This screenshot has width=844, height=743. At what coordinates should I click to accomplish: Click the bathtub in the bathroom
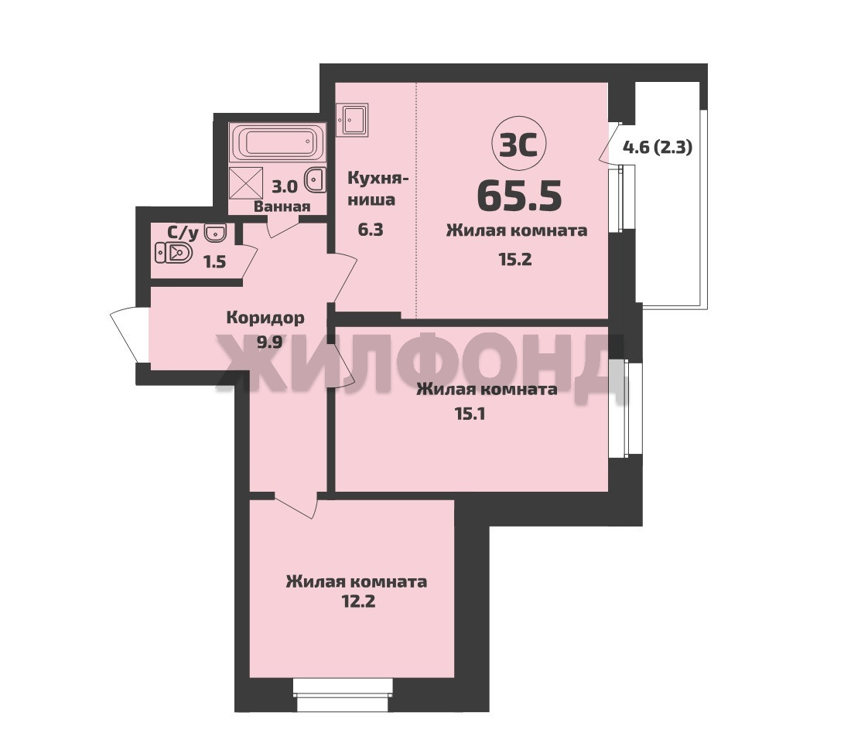coord(277,142)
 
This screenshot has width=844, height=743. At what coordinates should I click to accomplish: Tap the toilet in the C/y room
coord(173,252)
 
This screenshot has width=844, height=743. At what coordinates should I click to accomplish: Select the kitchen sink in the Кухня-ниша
coord(352,119)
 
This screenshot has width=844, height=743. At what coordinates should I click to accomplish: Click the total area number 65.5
coord(519,196)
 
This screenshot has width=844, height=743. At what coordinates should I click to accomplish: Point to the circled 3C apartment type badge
coord(519,144)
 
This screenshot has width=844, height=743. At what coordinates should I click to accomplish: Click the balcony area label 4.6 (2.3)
coord(658,147)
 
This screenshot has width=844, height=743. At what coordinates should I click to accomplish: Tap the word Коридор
coord(265,318)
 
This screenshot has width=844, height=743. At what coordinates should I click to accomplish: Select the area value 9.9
coord(269,343)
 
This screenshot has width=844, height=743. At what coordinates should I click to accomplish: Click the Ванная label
coord(282,206)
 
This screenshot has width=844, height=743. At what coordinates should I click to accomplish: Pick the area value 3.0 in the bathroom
coord(284,186)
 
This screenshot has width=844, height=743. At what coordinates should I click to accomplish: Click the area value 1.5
coord(214,262)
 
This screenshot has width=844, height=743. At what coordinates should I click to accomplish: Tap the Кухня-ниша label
coord(378,189)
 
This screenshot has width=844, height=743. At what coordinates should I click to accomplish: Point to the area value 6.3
coord(371,230)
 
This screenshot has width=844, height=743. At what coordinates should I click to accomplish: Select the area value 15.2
coord(515,259)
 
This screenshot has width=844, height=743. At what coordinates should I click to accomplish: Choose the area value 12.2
coord(358,601)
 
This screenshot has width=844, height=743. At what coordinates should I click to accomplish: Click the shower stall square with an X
coord(245,183)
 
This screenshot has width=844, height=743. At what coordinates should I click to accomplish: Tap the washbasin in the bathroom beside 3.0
coord(316,179)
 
